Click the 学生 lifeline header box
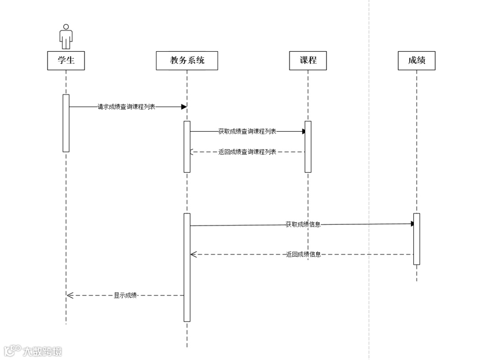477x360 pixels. pyautogui.click(x=66, y=61)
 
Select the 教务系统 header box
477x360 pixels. pyautogui.click(x=187, y=61)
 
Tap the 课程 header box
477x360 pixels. pyautogui.click(x=308, y=61)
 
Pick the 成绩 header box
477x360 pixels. pyautogui.click(x=416, y=61)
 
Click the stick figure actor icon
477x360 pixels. pyautogui.click(x=66, y=36)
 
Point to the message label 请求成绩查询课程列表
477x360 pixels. pyautogui.click(x=126, y=107)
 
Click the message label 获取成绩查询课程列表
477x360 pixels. pyautogui.click(x=247, y=131)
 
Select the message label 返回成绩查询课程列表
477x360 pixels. pyautogui.click(x=247, y=152)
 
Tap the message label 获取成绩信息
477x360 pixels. pyautogui.click(x=303, y=224)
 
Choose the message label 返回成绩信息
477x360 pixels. pyautogui.click(x=303, y=254)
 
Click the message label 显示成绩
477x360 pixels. pyautogui.click(x=125, y=296)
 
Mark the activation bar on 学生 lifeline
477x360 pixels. pyautogui.click(x=66, y=123)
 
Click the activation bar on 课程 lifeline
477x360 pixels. pyautogui.click(x=308, y=146)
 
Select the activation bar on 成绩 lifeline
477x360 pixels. pyautogui.click(x=416, y=239)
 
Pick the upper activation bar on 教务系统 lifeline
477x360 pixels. pyautogui.click(x=187, y=146)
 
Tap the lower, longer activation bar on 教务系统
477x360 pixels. pyautogui.click(x=187, y=267)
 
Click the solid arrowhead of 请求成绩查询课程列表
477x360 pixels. pyautogui.click(x=184, y=107)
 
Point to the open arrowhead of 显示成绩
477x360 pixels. pyautogui.click(x=70, y=296)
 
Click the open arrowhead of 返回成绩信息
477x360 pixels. pyautogui.click(x=193, y=254)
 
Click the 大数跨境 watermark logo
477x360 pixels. pyautogui.click(x=33, y=351)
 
